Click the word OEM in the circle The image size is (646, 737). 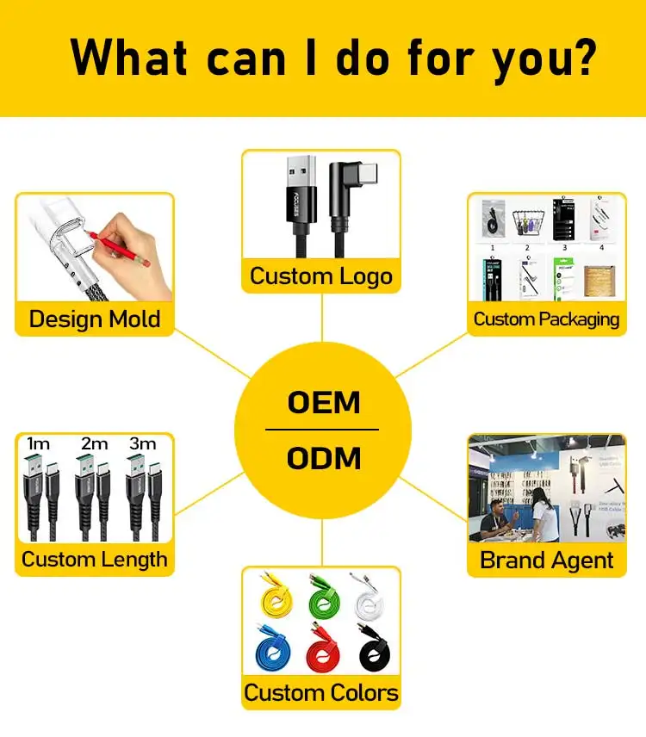[323, 403]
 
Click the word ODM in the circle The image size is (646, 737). [323, 457]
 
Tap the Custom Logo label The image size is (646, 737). [321, 276]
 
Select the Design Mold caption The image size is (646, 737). [95, 319]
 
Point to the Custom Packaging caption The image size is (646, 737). [546, 319]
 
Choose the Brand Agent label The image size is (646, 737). [547, 560]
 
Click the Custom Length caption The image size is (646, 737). [95, 560]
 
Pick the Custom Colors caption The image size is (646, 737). [321, 692]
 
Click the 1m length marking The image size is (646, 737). [38, 443]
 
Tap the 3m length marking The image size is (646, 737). [143, 443]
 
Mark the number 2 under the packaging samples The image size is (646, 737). [527, 246]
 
